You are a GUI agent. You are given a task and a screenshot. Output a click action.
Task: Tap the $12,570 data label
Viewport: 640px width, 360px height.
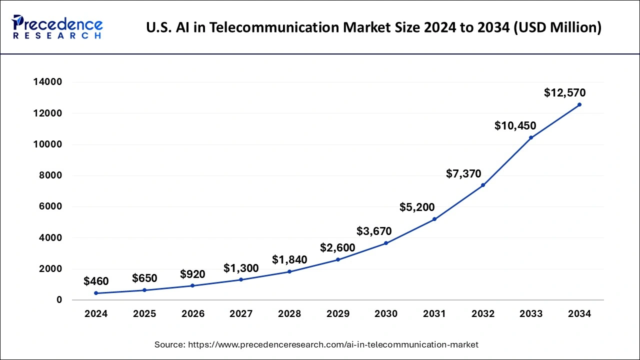[564, 92]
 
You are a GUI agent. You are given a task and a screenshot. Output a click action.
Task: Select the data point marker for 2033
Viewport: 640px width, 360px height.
[531, 137]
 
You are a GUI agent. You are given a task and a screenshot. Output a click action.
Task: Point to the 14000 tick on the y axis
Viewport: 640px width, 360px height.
[48, 82]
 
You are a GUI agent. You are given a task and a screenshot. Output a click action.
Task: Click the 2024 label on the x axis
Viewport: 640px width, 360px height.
[96, 314]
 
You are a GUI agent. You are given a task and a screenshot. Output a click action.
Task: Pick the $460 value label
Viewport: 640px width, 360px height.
[96, 281]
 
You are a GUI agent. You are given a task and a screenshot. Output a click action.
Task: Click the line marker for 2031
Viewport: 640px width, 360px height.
[434, 219]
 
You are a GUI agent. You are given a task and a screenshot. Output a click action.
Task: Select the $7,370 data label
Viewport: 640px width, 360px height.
[463, 174]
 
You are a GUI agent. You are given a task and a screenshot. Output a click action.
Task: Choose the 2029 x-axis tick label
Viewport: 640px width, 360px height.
[337, 314]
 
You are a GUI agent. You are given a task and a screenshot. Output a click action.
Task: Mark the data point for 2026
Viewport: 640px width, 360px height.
[192, 285]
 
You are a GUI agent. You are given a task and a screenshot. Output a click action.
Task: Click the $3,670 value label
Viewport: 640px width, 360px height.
[374, 231]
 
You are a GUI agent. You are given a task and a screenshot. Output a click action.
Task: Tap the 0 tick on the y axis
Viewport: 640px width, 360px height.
[59, 300]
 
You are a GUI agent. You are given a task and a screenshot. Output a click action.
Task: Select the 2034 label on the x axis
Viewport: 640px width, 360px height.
[579, 314]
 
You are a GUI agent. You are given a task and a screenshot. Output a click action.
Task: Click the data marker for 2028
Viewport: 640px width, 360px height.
[289, 271]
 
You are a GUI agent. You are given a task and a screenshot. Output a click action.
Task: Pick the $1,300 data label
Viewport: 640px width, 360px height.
[241, 268]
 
